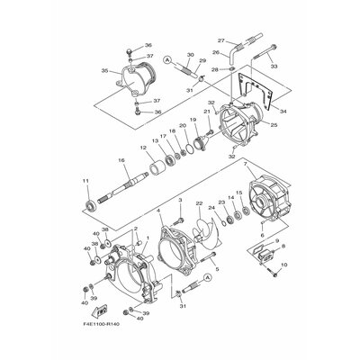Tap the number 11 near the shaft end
point(87,182)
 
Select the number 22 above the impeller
point(200,204)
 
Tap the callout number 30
point(191,55)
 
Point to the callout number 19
point(193,120)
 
